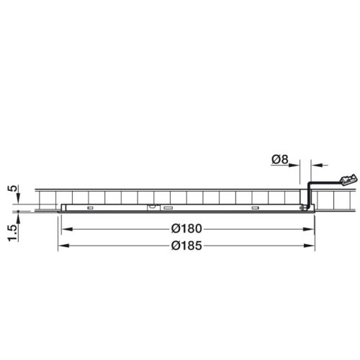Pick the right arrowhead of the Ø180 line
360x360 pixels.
click(310, 229)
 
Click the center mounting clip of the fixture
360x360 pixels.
click(152, 207)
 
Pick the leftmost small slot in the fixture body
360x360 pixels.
click(89, 208)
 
